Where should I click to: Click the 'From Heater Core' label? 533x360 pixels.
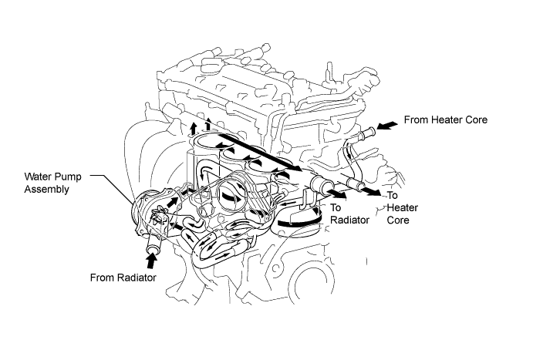445,120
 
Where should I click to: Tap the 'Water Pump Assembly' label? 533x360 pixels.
52,183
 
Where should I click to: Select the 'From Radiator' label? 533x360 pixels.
123,278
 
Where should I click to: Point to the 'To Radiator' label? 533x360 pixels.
349,214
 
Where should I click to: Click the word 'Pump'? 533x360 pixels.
69,177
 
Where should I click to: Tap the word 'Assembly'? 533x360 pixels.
46,189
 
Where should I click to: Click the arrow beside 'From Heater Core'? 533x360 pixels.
387,126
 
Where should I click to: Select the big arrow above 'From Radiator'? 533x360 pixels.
151,261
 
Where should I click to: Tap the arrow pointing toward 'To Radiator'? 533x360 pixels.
338,194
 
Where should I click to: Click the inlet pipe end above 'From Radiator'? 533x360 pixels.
152,249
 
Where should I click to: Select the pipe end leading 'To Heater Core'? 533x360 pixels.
357,186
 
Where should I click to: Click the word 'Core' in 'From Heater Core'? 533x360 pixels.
476,120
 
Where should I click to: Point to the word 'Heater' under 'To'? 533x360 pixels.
403,207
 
